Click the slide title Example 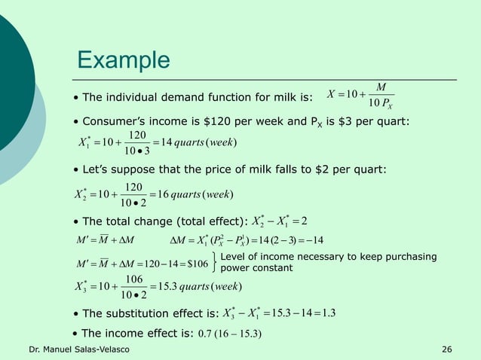click(x=124, y=59)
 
